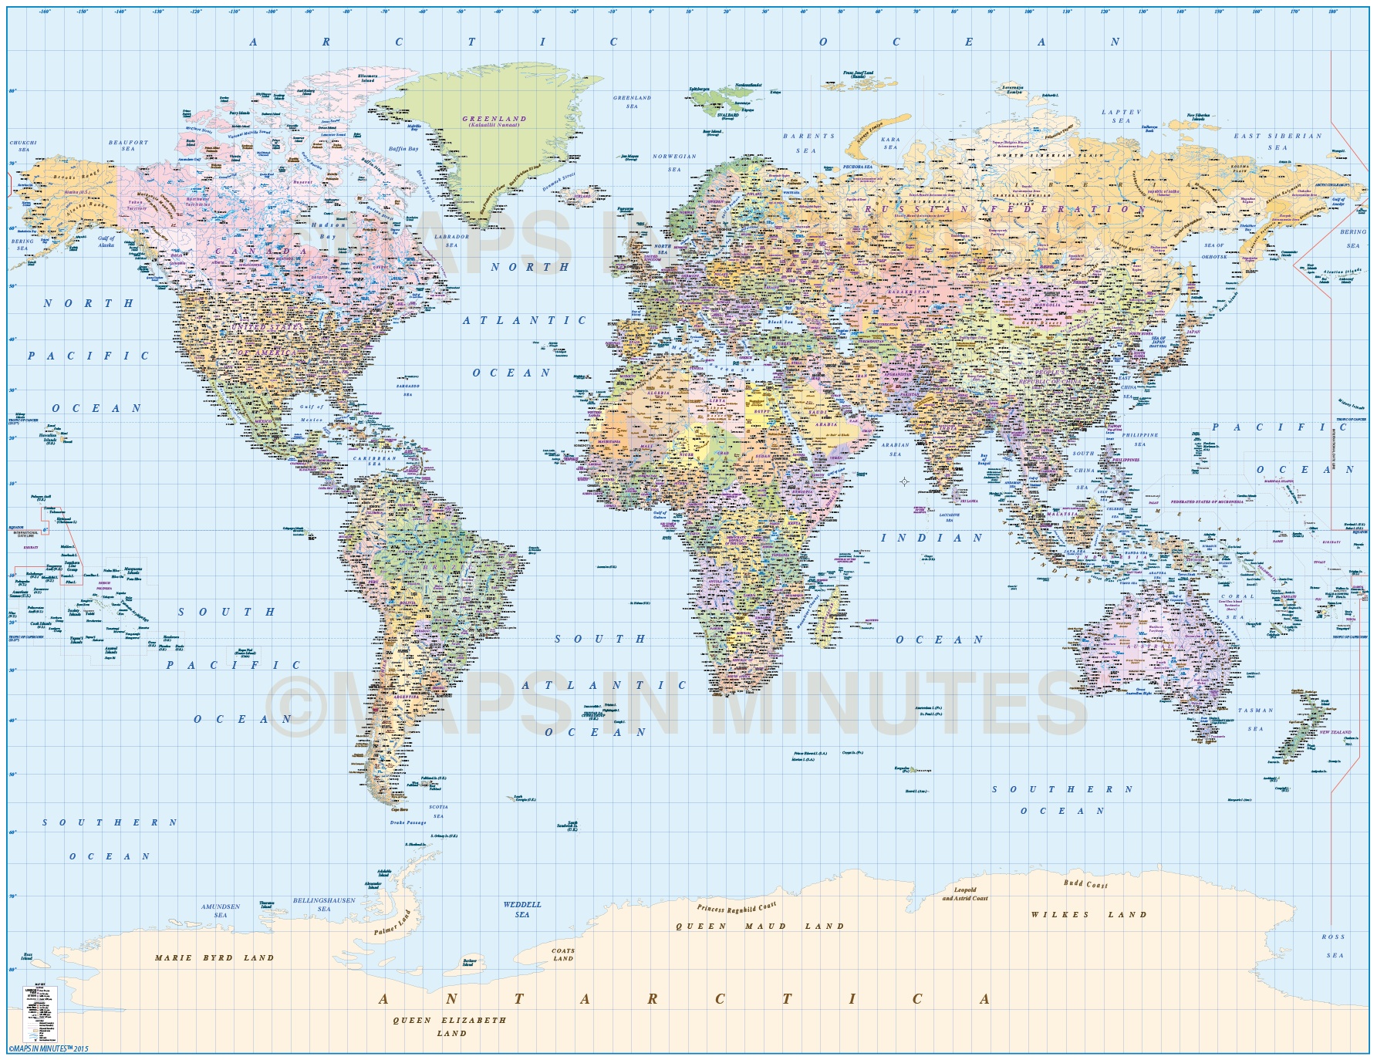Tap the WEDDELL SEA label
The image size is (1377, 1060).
(522, 909)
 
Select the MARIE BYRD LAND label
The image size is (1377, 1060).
(214, 957)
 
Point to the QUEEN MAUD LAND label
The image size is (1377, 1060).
(760, 926)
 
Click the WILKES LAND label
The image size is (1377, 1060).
(1088, 914)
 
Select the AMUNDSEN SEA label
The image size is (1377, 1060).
(221, 910)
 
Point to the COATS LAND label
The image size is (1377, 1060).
(562, 954)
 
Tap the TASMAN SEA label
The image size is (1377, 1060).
(1256, 719)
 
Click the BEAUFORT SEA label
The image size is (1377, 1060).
(127, 145)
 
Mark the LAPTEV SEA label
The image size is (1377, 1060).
(1121, 116)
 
